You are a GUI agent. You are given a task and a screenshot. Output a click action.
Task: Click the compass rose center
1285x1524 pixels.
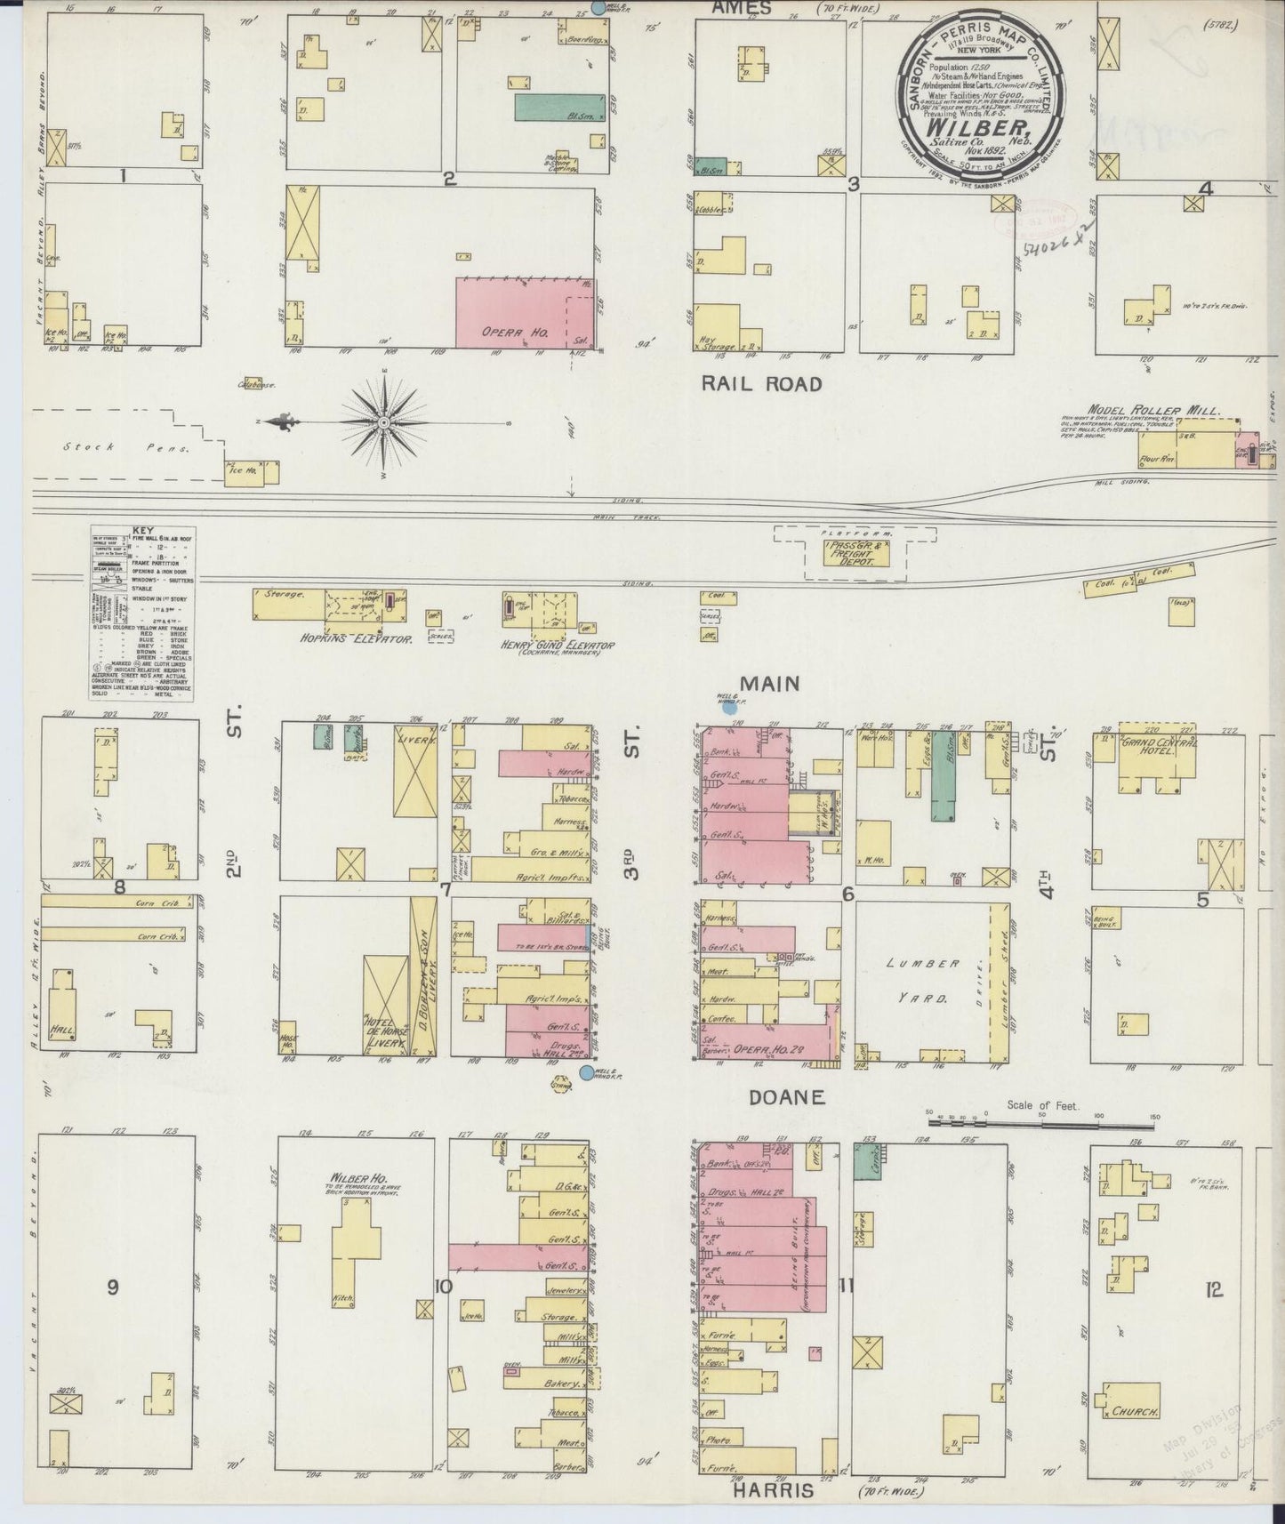(x=383, y=421)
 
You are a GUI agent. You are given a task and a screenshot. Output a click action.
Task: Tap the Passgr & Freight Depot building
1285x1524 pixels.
(x=853, y=555)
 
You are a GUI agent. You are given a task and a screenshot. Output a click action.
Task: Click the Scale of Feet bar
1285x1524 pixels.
(x=1040, y=1126)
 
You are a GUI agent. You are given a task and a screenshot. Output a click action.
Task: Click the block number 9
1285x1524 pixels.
(x=112, y=1287)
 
